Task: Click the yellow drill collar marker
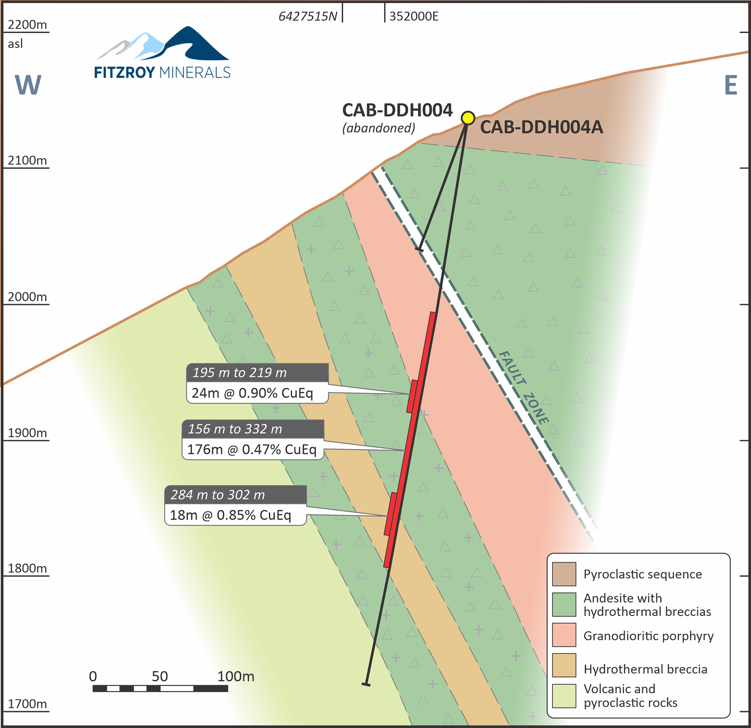(468, 118)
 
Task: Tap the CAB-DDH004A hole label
(541, 127)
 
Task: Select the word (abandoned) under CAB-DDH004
(379, 128)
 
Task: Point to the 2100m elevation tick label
(27, 160)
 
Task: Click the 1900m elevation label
(27, 433)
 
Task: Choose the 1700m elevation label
(27, 704)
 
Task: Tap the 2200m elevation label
(27, 25)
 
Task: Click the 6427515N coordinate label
(308, 17)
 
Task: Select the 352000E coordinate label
(414, 17)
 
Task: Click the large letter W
(28, 85)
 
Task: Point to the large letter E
(731, 85)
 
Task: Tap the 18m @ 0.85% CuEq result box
(231, 515)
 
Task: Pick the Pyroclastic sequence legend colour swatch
(564, 574)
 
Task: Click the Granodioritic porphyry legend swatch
(564, 635)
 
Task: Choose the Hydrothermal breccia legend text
(645, 669)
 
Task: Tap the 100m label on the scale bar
(236, 676)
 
